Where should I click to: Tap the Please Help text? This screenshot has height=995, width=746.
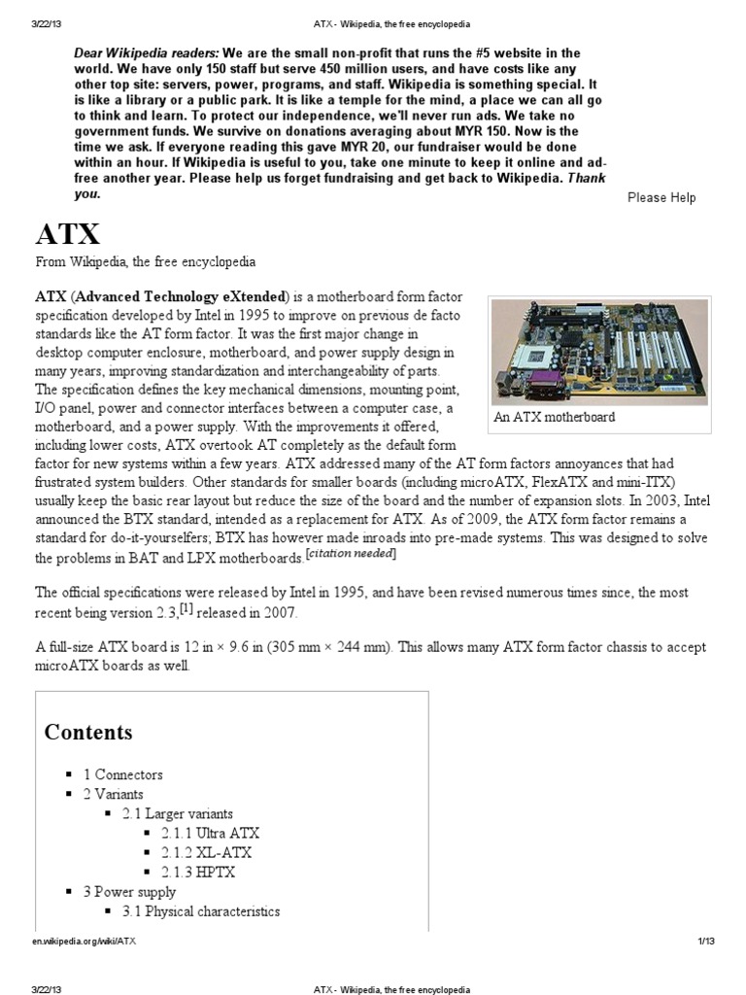click(x=661, y=197)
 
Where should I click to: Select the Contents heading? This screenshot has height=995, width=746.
click(x=88, y=732)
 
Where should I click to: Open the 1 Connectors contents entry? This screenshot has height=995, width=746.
click(x=123, y=774)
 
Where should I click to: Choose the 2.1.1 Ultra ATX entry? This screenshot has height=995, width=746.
click(x=211, y=833)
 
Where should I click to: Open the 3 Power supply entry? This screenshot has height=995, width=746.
click(x=129, y=891)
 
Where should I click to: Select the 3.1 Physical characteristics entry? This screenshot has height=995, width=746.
click(x=201, y=911)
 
